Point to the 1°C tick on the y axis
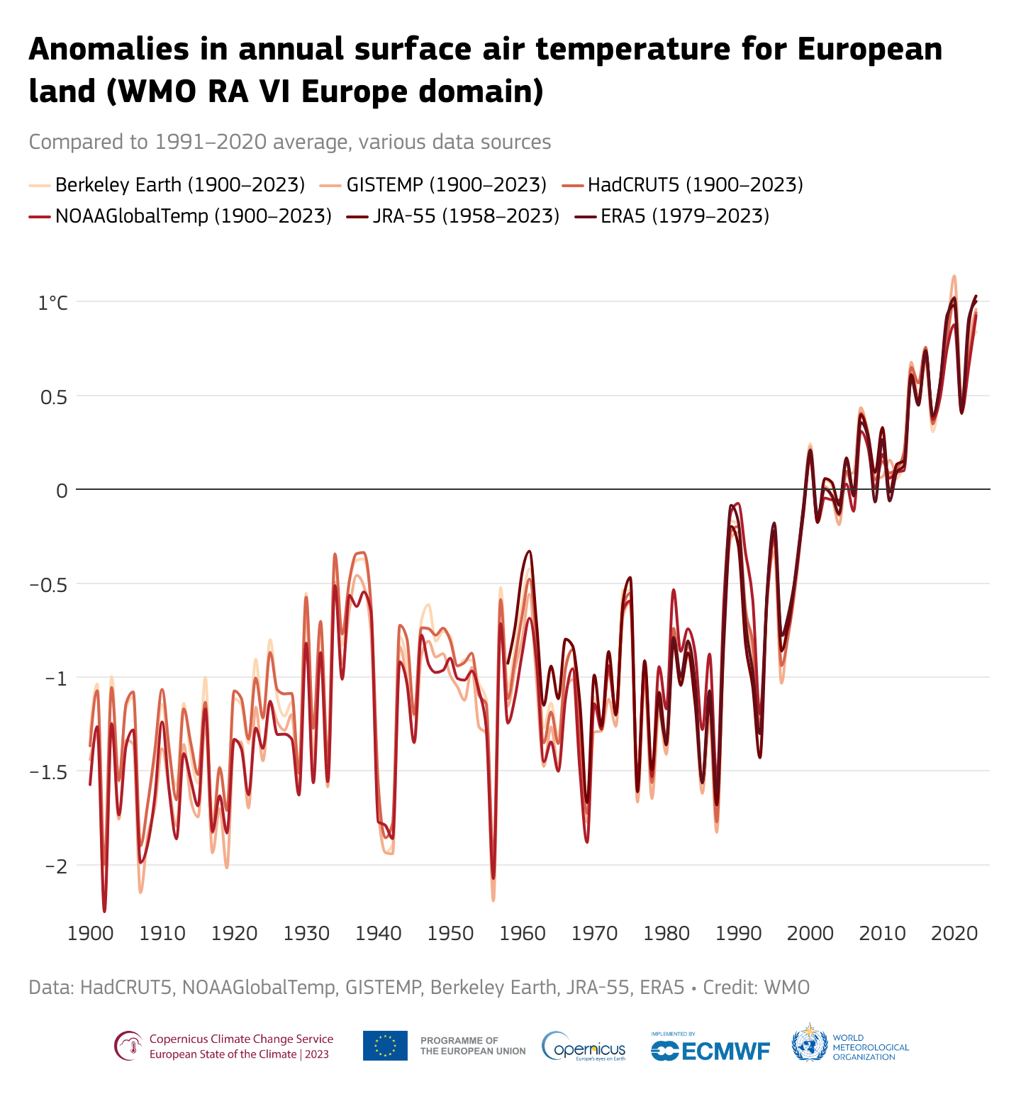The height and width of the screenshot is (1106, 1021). pos(53,303)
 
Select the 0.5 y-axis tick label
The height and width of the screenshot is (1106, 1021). pos(52,396)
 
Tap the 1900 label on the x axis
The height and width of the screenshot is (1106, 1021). pos(89,932)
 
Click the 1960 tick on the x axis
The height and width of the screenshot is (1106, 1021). pos(522,932)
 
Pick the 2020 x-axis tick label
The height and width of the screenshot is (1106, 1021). pos(954,932)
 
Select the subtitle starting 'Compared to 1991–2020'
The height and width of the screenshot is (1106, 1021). pos(289,142)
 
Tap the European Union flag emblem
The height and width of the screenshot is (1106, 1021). pos(385,1046)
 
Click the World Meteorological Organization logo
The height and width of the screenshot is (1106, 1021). pos(849,1046)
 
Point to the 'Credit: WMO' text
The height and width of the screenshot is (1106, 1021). pos(756,988)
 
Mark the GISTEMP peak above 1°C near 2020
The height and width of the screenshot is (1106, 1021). pos(954,276)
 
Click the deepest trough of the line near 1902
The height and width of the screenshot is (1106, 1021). pos(104,910)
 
